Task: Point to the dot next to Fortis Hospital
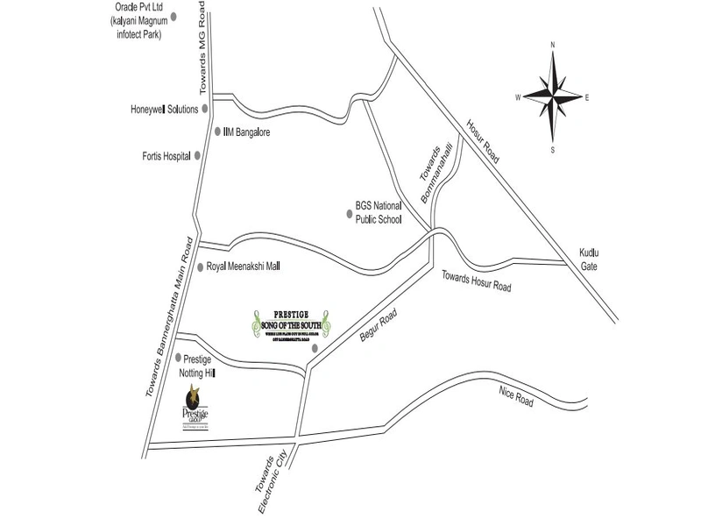[198, 156]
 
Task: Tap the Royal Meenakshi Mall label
[243, 266]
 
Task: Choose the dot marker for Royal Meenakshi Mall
[200, 266]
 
